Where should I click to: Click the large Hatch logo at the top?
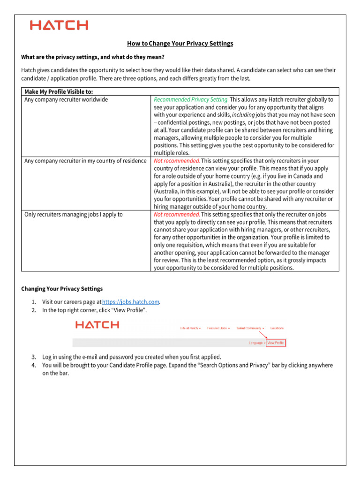tap(59, 25)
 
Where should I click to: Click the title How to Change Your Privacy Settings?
tap(180, 44)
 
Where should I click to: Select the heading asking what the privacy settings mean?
tap(93, 57)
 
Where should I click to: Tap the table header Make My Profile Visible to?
tap(58, 91)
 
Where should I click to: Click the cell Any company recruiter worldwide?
tap(66, 99)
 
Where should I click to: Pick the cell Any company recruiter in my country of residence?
tap(85, 161)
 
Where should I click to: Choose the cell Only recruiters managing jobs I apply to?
tap(74, 214)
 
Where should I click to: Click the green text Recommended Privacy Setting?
tap(191, 99)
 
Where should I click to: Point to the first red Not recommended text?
tap(177, 161)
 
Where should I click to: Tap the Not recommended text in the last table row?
tap(177, 214)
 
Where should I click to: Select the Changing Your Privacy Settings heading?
tap(62, 289)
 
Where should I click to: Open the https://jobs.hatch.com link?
tap(131, 302)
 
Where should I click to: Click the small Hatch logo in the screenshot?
tap(97, 325)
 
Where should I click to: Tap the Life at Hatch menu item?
tap(190, 328)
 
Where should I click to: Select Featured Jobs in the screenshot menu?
tap(217, 328)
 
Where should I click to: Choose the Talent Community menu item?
tap(249, 328)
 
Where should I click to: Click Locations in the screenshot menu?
tap(277, 328)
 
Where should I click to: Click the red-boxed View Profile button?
tap(276, 343)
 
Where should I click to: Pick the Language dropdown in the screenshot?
tap(256, 343)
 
